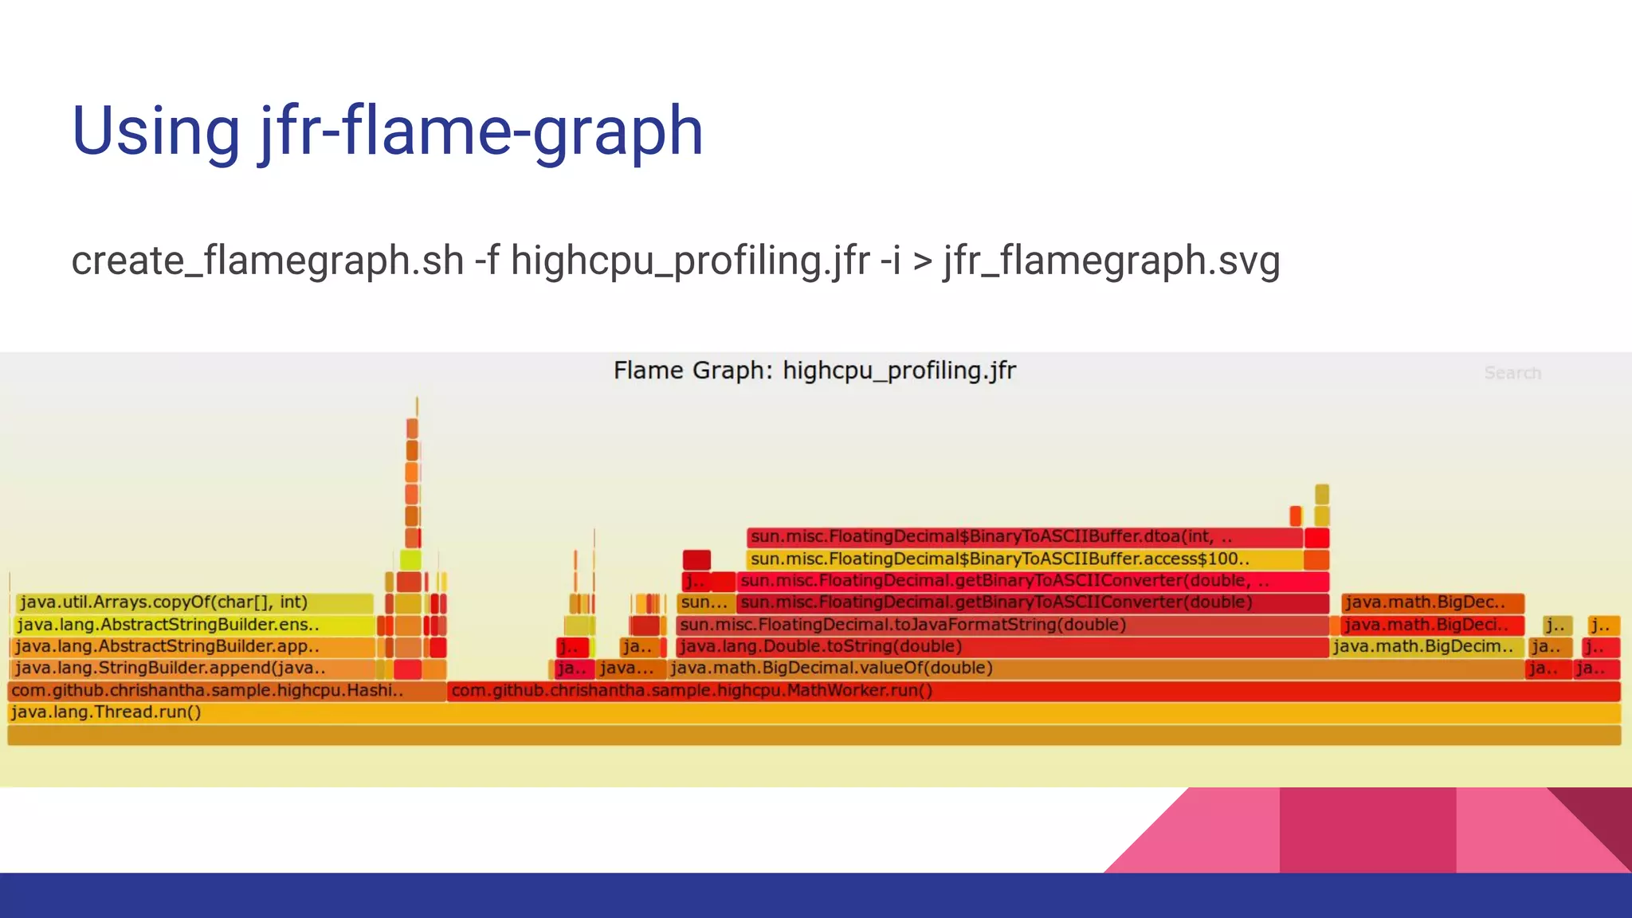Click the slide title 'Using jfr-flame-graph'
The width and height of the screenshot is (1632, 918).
coord(387,131)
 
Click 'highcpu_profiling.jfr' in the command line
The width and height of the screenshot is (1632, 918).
coord(690,261)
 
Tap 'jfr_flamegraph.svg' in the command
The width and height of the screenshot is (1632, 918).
coord(1112,261)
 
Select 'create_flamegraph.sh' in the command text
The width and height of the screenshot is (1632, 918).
coord(268,261)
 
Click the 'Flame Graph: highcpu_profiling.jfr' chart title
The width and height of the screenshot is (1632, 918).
coord(814,371)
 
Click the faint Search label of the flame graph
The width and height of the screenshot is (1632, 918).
coord(1512,373)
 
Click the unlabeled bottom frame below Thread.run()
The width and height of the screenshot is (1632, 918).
coord(813,735)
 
